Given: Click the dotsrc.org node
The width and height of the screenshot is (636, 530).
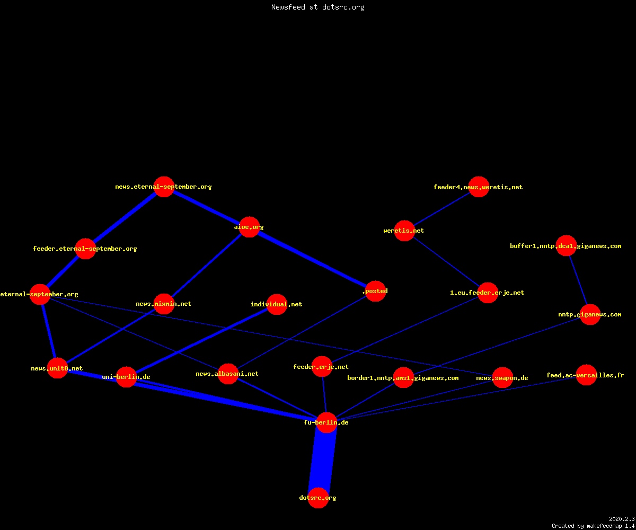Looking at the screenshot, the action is pos(318,498).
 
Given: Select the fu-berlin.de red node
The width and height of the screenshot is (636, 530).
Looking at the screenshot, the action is pos(326,422).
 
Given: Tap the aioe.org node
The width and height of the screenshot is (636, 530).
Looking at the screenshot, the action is pos(249,227).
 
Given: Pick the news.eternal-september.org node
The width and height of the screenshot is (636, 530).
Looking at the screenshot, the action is pos(164,187).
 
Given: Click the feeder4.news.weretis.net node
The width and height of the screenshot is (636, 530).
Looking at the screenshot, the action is pos(479,187).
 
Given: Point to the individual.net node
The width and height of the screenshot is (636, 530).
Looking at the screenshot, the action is pos(277,304).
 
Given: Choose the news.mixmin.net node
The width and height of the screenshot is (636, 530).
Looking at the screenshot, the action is pos(164,304).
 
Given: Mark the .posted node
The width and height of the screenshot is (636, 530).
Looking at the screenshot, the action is pos(375,291).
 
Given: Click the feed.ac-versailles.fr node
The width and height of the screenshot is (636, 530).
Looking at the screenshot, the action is pos(586,375).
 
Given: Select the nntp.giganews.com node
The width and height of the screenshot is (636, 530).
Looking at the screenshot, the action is pos(590,314).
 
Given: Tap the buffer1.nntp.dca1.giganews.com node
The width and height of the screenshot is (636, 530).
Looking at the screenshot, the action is pos(566,245).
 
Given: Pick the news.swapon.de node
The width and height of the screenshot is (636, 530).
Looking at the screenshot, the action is pos(502,378).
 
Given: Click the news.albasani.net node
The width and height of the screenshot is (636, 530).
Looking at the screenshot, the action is pos(228,374).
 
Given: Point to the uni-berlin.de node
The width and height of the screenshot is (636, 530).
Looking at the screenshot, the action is pos(126,377).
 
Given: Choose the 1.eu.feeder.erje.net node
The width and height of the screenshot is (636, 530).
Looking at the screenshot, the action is pos(488,293).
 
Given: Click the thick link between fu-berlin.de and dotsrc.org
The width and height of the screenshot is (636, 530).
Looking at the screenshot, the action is pos(323,460).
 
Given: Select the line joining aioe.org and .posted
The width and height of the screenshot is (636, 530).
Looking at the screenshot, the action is pos(312,259).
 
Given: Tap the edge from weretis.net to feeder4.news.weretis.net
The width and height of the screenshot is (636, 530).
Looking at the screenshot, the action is pos(441,209).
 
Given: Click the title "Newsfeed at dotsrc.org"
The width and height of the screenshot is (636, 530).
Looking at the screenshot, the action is pos(317,7).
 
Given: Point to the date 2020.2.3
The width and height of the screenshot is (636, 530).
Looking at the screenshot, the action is pos(622,519).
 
